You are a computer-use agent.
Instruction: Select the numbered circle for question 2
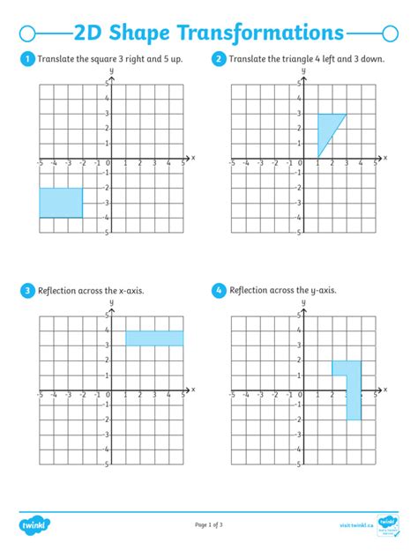pyautogui.click(x=219, y=59)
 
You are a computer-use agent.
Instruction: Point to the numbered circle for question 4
pyautogui.click(x=219, y=290)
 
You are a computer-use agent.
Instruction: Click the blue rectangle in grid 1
pyautogui.click(x=61, y=203)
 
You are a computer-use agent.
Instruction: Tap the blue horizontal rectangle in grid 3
pyautogui.click(x=154, y=338)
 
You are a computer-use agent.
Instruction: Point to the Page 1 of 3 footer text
pyautogui.click(x=209, y=526)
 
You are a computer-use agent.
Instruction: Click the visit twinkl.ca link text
pyautogui.click(x=355, y=526)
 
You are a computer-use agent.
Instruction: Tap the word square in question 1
pyautogui.click(x=114, y=59)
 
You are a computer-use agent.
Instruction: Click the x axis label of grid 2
pyautogui.click(x=384, y=158)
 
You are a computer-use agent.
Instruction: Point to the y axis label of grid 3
pyautogui.click(x=111, y=301)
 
